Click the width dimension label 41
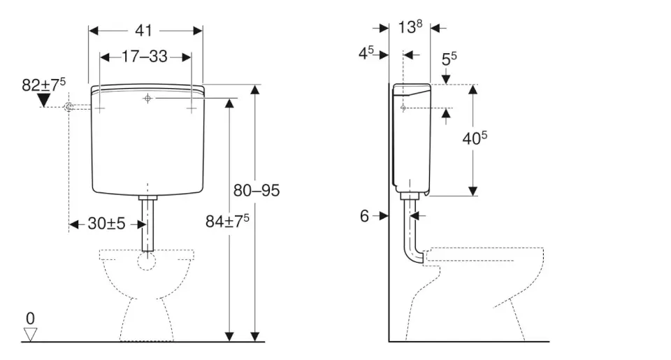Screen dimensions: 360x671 tap(145, 30)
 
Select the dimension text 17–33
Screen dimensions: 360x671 tap(145, 57)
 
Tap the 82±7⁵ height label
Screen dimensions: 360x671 tap(43, 85)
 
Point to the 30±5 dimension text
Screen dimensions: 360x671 tap(106, 224)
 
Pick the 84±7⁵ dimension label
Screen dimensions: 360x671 tap(227, 222)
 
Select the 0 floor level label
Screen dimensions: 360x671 tap(30, 319)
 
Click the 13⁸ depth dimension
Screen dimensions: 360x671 tap(410, 27)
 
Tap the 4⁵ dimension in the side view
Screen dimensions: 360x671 tap(367, 54)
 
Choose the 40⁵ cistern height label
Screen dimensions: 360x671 tap(474, 138)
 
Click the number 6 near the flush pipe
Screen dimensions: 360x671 tap(364, 216)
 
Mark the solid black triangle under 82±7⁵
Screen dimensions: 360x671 tap(43, 101)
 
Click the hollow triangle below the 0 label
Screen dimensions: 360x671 tap(30, 334)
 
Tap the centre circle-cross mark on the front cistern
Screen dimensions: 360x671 tap(147, 99)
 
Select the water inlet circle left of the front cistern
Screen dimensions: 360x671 tap(68, 107)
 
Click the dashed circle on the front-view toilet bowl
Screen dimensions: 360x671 tap(147, 261)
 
